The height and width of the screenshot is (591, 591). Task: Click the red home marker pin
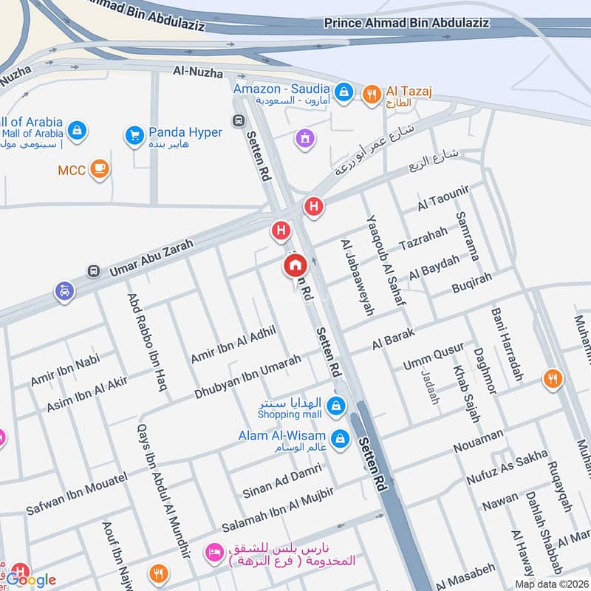coord(294,267)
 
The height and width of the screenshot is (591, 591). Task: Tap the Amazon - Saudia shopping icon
coord(343,92)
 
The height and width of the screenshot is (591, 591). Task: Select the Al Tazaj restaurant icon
coord(371,92)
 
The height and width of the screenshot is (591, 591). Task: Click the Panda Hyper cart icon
coord(134,136)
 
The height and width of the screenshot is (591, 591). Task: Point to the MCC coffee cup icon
coord(98,170)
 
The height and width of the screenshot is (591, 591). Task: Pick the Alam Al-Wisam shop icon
coord(339,438)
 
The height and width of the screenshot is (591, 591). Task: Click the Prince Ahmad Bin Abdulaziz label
coord(406,23)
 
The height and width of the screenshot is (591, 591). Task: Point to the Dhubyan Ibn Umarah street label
coord(247,378)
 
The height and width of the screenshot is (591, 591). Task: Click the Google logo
coord(31,578)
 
